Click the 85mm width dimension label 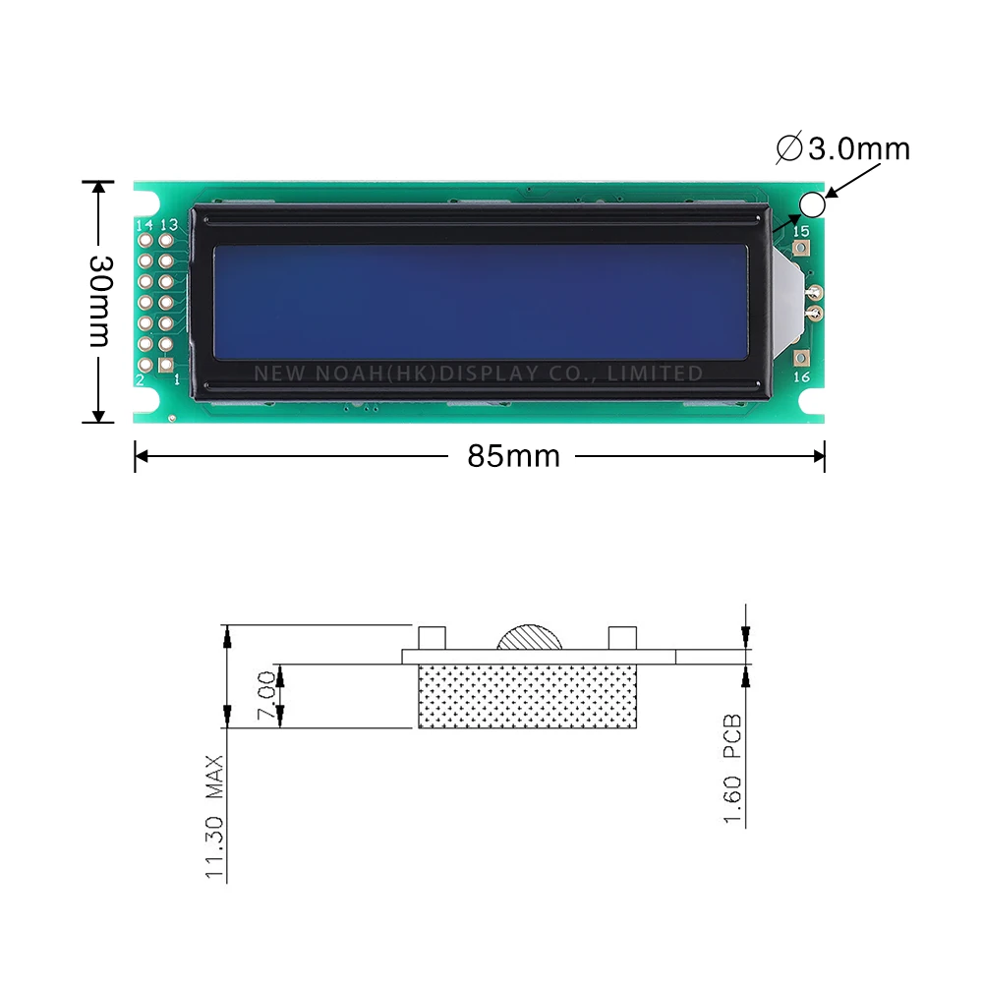[513, 456]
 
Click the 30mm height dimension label [98, 301]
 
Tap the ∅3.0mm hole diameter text [843, 148]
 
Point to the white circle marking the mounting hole [812, 203]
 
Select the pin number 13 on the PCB [168, 225]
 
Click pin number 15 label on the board [801, 231]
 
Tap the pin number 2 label [141, 379]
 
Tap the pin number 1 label [175, 379]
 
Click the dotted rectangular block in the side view [528, 696]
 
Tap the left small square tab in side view [433, 637]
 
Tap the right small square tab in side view [622, 637]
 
